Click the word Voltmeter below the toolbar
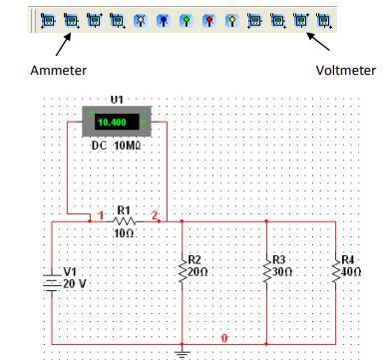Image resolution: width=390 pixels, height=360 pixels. pos(345,71)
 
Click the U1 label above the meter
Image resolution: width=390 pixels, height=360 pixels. pos(117,100)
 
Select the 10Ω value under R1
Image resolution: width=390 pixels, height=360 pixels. pos(124,233)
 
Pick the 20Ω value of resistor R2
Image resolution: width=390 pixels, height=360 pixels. pos(197,270)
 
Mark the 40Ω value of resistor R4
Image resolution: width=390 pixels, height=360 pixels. pos(351,270)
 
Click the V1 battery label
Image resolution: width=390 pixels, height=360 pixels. pos(69,270)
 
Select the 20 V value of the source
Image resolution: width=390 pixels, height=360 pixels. pos(73,281)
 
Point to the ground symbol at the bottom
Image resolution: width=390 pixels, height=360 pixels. pos(183,351)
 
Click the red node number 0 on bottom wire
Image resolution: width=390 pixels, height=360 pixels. pos(224,338)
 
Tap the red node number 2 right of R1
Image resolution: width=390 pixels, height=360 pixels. pos(155,214)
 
